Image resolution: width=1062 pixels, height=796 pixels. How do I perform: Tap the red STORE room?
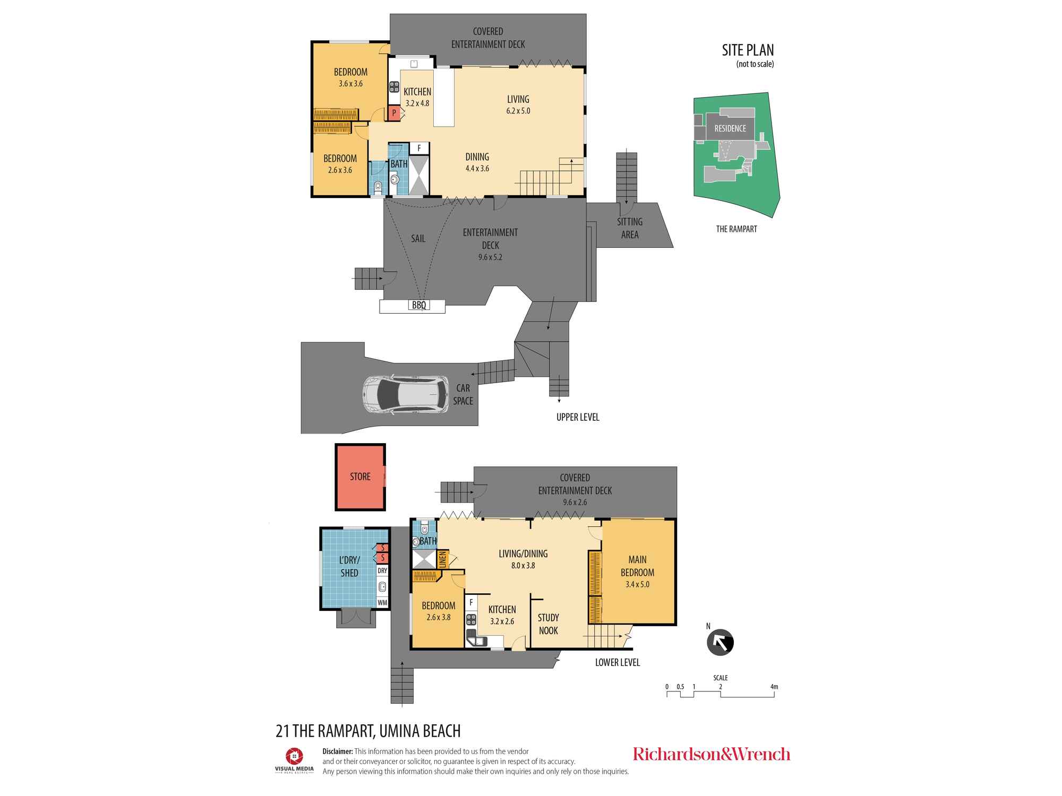coord(360,477)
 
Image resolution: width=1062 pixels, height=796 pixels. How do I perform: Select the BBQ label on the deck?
coord(419,305)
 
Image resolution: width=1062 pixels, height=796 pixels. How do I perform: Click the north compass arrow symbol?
coord(720,643)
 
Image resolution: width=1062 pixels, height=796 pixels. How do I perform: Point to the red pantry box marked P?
coord(394,113)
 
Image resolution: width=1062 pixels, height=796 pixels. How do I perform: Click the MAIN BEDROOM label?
coord(637,566)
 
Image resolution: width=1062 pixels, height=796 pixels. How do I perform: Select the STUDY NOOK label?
coord(548,624)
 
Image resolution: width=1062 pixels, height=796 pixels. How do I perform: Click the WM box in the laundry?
coord(382,603)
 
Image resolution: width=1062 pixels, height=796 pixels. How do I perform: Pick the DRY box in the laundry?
coord(382,570)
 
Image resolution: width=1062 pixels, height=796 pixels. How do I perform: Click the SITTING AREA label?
coord(630,228)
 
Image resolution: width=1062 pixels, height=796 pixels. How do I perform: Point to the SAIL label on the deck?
coord(418,239)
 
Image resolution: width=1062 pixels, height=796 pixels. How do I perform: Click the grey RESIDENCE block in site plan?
coord(730,128)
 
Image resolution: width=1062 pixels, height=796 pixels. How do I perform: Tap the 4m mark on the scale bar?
coord(774,687)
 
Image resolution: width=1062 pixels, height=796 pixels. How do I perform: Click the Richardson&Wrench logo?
coord(711,754)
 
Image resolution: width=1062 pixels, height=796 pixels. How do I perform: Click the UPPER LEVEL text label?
coord(578,418)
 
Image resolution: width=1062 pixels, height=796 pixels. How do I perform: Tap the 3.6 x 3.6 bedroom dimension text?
coord(350,84)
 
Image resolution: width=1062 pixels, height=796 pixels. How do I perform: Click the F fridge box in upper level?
coord(419,148)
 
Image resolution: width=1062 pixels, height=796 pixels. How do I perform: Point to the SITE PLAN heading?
coord(748,50)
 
